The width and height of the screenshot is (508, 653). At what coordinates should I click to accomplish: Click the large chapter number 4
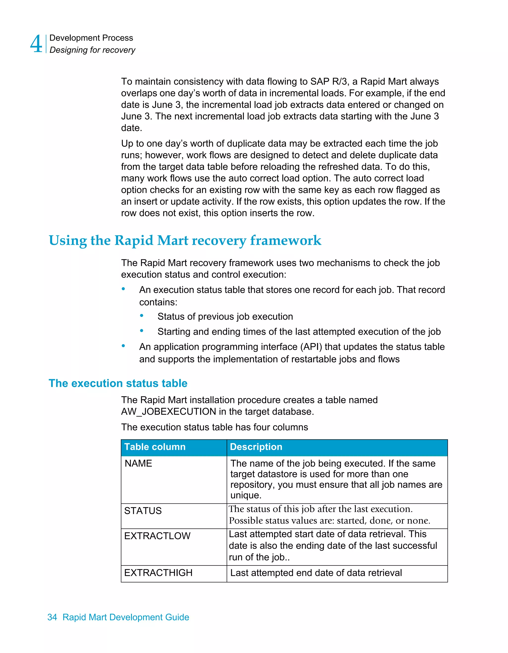pyautogui.click(x=36, y=44)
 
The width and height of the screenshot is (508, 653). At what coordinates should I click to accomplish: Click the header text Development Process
pyautogui.click(x=91, y=38)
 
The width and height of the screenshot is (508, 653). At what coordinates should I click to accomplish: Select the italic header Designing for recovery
pyautogui.click(x=92, y=50)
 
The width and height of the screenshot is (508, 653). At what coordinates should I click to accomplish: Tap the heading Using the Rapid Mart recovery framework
pyautogui.click(x=185, y=241)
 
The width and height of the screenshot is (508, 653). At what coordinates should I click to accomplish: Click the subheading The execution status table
pyautogui.click(x=118, y=383)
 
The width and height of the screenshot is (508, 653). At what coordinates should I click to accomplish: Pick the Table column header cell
pyautogui.click(x=155, y=447)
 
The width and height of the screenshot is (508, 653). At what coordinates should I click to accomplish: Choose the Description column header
pyautogui.click(x=256, y=447)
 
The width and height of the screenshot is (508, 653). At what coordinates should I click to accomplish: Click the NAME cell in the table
pyautogui.click(x=138, y=464)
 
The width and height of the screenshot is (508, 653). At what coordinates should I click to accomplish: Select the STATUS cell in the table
pyautogui.click(x=143, y=511)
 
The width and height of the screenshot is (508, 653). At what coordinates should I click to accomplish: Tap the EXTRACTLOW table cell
pyautogui.click(x=157, y=536)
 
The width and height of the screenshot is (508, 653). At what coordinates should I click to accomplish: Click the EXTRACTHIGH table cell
pyautogui.click(x=158, y=573)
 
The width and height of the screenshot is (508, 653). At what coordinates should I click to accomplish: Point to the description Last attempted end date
pyautogui.click(x=316, y=573)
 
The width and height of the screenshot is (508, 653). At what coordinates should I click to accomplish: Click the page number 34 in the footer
pyautogui.click(x=52, y=617)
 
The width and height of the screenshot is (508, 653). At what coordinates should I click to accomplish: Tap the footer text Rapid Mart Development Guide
pyautogui.click(x=126, y=617)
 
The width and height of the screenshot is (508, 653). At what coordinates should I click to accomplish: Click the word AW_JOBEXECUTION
pyautogui.click(x=168, y=412)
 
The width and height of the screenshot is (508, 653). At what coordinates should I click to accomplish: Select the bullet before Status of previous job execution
pyautogui.click(x=142, y=316)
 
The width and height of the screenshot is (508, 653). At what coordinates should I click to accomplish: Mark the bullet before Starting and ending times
pyautogui.click(x=142, y=331)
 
